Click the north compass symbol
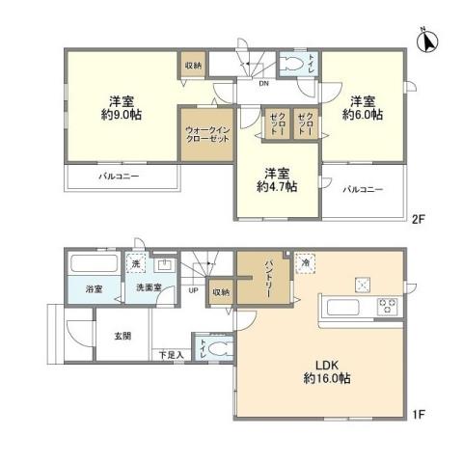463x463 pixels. [426, 41]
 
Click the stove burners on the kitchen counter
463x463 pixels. [389, 308]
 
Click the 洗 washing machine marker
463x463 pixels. [137, 265]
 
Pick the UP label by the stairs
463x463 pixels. [193, 290]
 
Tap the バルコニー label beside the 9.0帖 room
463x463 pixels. [120, 177]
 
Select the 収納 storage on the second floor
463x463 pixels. [191, 66]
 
